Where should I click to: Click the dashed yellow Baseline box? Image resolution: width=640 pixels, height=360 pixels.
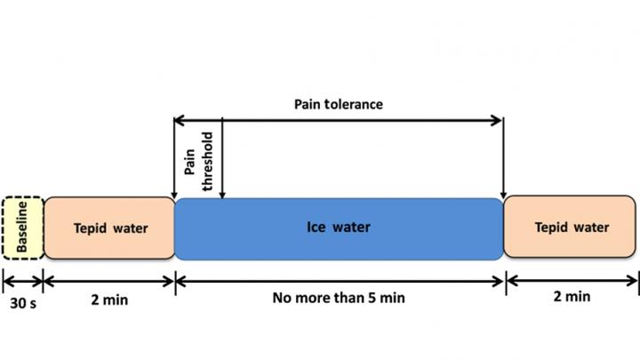(22, 228)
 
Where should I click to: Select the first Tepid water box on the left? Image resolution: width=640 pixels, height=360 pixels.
(108, 228)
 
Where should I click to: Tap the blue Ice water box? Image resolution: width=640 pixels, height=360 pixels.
(339, 228)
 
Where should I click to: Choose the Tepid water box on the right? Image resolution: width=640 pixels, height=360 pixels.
(571, 228)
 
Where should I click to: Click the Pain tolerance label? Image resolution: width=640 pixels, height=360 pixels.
(339, 104)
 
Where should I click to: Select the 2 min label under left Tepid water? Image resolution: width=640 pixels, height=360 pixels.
(108, 300)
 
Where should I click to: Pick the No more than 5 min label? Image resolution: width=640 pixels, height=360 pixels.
(339, 298)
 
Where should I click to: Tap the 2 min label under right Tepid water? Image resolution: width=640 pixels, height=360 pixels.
(571, 296)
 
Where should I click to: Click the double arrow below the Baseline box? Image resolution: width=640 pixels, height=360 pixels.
(22, 282)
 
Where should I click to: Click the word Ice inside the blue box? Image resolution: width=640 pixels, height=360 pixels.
(317, 228)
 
